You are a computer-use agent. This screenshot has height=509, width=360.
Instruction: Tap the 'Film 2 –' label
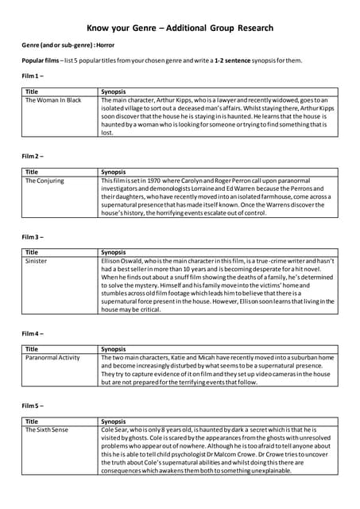[33, 155]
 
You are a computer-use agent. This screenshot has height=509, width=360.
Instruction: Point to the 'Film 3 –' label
[33, 236]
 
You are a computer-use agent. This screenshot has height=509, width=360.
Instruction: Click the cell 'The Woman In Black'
[53, 100]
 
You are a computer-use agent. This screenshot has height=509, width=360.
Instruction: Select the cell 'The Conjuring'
[45, 181]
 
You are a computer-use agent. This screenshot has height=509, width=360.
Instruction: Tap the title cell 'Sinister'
[37, 261]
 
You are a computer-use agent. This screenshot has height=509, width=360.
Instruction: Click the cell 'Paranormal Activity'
[53, 358]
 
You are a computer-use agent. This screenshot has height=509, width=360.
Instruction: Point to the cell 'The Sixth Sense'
[47, 430]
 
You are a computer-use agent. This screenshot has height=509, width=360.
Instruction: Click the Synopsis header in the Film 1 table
[114, 91]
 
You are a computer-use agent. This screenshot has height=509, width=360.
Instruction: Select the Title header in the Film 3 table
[32, 252]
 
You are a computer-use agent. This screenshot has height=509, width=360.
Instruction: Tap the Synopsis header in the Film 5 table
[114, 422]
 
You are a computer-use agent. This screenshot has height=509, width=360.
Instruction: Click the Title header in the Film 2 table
[32, 172]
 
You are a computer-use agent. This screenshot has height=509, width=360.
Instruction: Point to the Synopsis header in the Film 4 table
[114, 349]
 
